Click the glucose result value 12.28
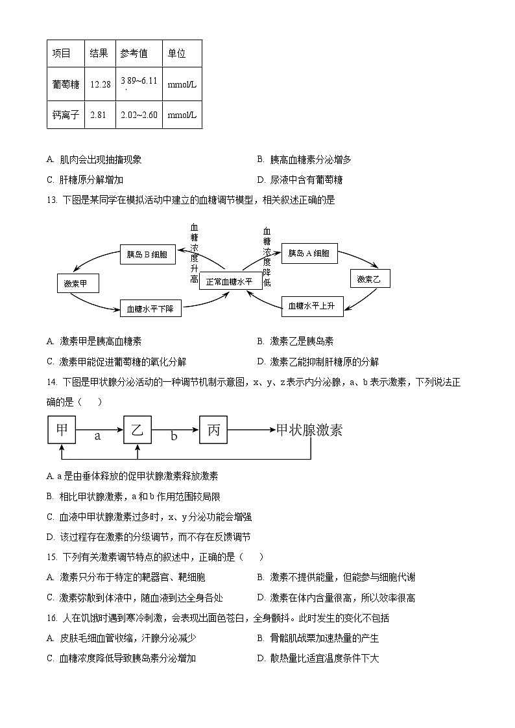[101, 84]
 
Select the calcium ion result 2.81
[98, 115]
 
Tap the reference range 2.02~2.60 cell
[139, 115]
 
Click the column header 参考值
[134, 54]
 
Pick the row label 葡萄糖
[66, 84]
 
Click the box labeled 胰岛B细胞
[147, 254]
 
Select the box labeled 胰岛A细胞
[309, 253]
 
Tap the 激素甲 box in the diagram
[81, 283]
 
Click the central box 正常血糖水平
[230, 281]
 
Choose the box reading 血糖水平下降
[150, 309]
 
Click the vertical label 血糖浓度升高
[194, 253]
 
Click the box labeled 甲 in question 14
[62, 429]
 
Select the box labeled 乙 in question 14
[137, 429]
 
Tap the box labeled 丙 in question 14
[213, 429]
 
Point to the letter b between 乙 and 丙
[174, 437]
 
